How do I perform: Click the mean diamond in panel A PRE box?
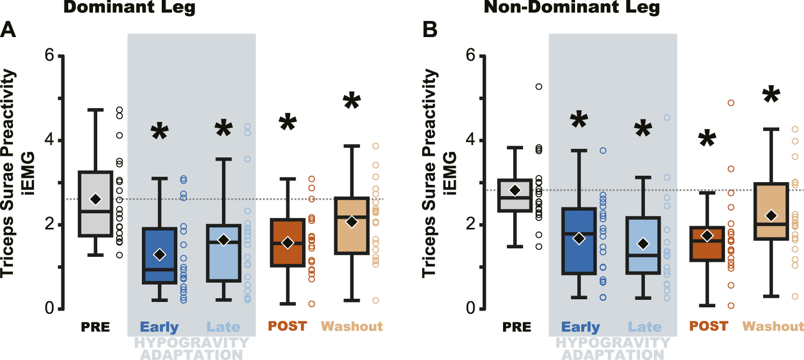tap(95, 199)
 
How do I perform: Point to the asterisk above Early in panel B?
tap(578, 121)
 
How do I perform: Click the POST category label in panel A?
tap(287, 326)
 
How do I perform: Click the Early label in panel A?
tap(159, 327)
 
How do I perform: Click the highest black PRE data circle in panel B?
tap(539, 87)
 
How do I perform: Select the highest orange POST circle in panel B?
tap(731, 103)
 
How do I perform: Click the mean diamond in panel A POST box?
tap(288, 243)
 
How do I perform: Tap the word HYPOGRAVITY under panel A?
tap(190, 343)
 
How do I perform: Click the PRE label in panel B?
tap(517, 327)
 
